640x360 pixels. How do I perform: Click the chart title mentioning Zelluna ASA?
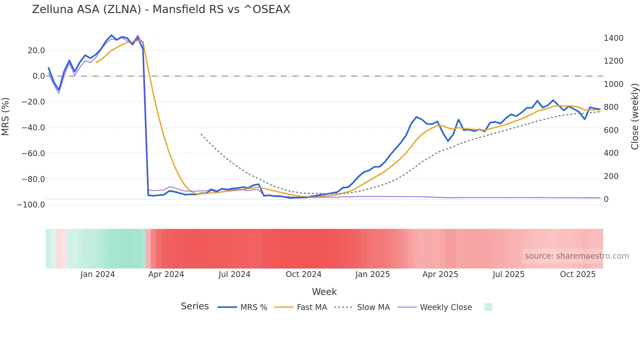coord(161,9)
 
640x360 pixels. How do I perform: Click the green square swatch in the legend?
coord(488,307)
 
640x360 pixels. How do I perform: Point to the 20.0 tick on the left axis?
coord(36,51)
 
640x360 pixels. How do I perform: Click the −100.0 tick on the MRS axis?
coord(31,205)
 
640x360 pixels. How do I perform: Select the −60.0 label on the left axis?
coord(33,154)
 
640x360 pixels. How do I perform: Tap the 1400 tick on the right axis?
coord(614,38)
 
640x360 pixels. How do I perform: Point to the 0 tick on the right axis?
coord(606,199)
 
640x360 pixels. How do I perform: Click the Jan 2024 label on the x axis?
coord(98,274)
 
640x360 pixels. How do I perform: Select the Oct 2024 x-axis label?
coord(303,274)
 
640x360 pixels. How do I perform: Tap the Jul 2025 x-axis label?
coord(508,274)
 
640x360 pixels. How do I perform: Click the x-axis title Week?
coord(324,292)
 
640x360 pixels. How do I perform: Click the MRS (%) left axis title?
coord(6,117)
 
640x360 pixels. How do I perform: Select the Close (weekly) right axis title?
coord(634,117)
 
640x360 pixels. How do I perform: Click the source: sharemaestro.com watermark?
coord(577,256)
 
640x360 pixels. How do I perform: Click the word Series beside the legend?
coord(195,306)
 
